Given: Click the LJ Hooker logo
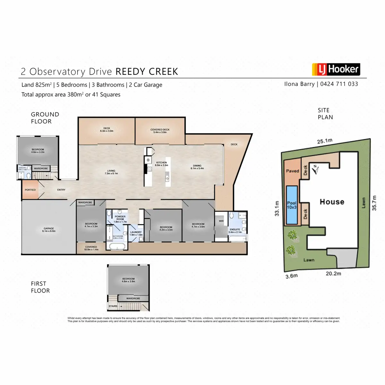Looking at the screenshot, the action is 336,69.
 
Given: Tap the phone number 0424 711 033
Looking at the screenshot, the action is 339,84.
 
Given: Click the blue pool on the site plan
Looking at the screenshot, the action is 292,205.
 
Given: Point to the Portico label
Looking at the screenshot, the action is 30,190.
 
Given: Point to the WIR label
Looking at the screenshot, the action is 221,221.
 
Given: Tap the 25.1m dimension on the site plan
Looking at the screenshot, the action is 325,141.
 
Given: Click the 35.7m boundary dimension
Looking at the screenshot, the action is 374,203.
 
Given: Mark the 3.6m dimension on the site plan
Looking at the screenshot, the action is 292,276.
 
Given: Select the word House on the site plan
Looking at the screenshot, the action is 332,202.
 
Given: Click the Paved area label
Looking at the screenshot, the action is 292,171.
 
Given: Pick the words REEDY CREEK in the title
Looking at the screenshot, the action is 147,72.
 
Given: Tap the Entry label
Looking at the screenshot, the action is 61,190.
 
